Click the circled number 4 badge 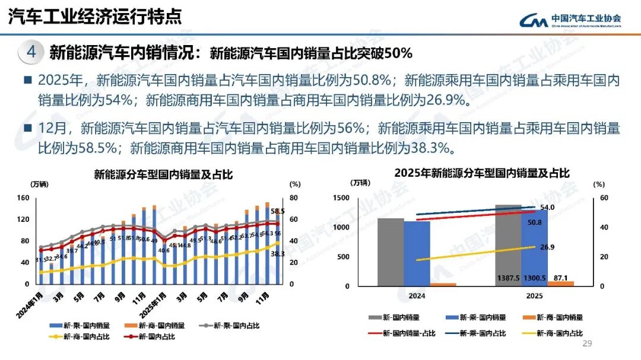click(31, 52)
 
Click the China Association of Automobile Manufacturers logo click(570, 20)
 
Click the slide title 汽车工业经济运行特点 click(94, 16)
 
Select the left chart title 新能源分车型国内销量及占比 click(163, 175)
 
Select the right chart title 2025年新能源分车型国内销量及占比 click(482, 173)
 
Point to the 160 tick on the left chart click(23, 198)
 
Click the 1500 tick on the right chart click(341, 198)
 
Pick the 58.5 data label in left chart click(277, 211)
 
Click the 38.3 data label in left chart click(277, 253)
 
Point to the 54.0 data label click(547, 208)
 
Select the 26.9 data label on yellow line click(547, 247)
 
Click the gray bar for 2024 click(390, 252)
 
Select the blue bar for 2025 click(534, 249)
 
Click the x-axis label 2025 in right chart click(534, 295)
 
